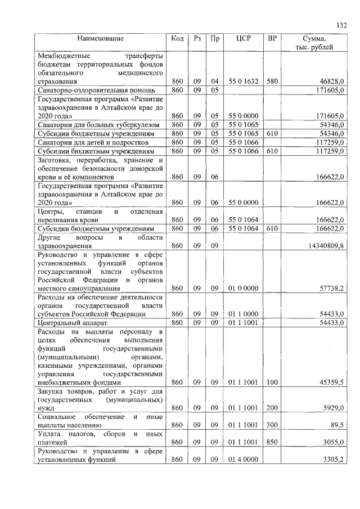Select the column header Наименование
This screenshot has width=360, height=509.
[100, 38]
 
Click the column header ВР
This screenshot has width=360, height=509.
[272, 38]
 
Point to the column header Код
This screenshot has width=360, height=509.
[177, 38]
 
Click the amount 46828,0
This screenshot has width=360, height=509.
[331, 82]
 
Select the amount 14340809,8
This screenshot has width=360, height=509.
[323, 246]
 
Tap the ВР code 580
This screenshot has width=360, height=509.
[272, 82]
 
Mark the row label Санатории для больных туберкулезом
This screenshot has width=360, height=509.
[98, 124]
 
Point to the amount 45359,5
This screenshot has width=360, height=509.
[331, 382]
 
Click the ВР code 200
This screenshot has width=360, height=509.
[272, 408]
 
